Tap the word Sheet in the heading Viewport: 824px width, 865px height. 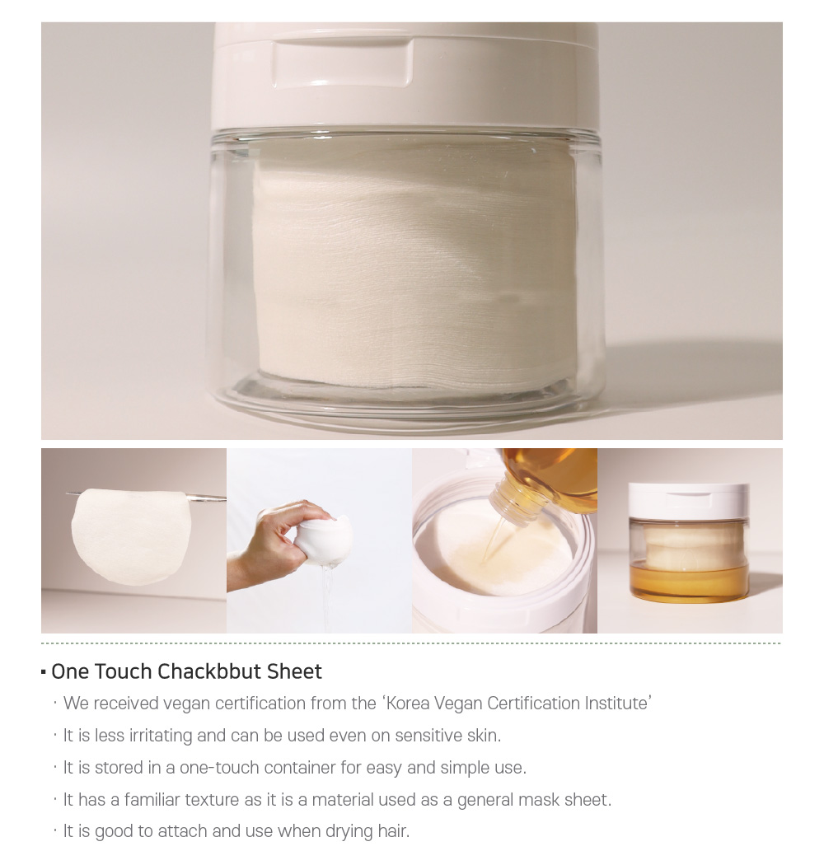coord(294,671)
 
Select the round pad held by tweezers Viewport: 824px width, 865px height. coord(131,536)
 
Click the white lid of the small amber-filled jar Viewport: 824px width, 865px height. coord(688,503)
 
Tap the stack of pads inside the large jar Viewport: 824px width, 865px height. coord(414,270)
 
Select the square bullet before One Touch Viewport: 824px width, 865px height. coord(44,672)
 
